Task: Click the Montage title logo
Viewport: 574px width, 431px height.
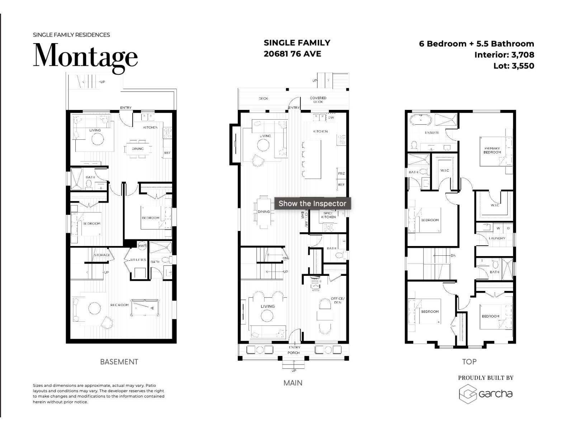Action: pyautogui.click(x=85, y=57)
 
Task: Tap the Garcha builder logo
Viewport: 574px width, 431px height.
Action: pyautogui.click(x=486, y=394)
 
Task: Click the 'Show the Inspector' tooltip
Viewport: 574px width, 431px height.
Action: pyautogui.click(x=312, y=203)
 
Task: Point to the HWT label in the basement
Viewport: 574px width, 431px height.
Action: pyautogui.click(x=142, y=246)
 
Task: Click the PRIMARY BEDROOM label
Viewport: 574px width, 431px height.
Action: pyautogui.click(x=492, y=150)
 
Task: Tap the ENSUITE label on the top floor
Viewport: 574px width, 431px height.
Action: pyautogui.click(x=432, y=133)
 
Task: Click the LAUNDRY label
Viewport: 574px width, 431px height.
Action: pyautogui.click(x=497, y=238)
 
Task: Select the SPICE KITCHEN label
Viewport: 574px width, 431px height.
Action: pyautogui.click(x=328, y=215)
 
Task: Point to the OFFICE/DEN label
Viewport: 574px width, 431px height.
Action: pyautogui.click(x=338, y=300)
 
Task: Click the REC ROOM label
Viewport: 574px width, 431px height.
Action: pyautogui.click(x=119, y=305)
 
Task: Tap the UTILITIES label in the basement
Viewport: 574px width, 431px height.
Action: pyautogui.click(x=138, y=260)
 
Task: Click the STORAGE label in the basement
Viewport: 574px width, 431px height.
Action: pyautogui.click(x=102, y=255)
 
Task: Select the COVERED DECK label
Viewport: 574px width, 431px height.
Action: pyautogui.click(x=318, y=99)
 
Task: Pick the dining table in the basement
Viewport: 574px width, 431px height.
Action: pyautogui.click(x=138, y=149)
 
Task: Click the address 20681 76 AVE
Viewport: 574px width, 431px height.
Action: pyautogui.click(x=292, y=54)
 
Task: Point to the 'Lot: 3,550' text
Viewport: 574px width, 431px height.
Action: pyautogui.click(x=513, y=66)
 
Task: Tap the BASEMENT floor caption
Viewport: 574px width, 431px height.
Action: pyautogui.click(x=119, y=362)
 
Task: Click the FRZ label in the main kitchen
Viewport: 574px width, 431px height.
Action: pyautogui.click(x=341, y=173)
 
